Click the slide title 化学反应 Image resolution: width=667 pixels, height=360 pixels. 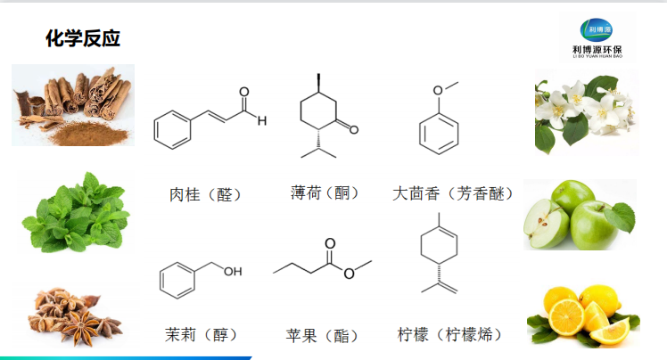(83, 38)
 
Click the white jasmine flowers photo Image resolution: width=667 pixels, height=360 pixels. (584, 114)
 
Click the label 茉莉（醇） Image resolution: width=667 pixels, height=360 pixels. (202, 335)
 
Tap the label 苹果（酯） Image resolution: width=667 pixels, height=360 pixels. (323, 336)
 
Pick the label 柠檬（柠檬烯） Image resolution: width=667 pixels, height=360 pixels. (449, 335)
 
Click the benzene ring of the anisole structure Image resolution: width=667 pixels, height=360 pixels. (438, 135)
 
